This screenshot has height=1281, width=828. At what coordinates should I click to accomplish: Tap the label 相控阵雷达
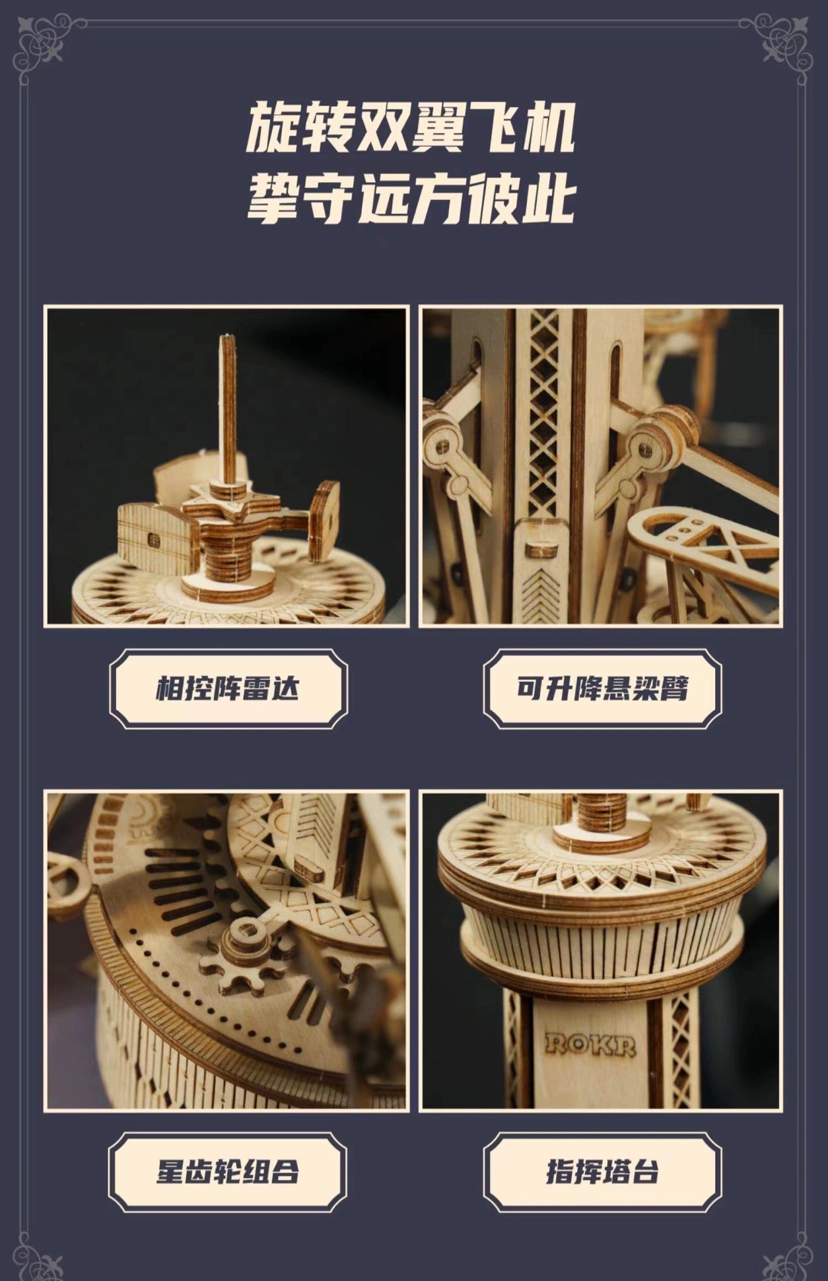[x=228, y=689]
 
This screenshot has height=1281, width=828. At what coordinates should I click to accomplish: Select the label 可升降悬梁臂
[x=602, y=689]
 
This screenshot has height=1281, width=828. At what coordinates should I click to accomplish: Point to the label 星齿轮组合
[x=228, y=1172]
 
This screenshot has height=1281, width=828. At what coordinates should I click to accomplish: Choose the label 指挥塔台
[x=602, y=1172]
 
